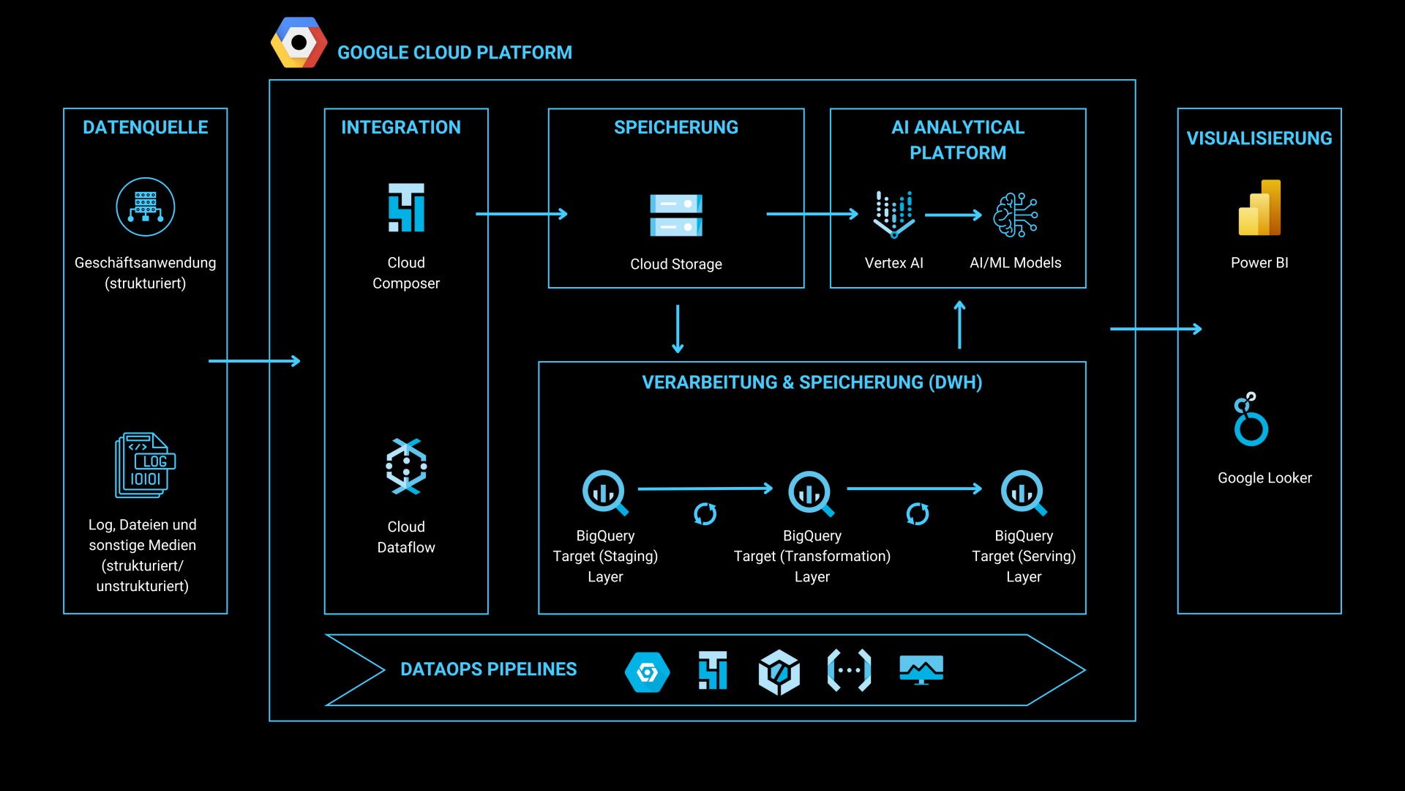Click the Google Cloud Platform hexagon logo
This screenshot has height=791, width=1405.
point(299,43)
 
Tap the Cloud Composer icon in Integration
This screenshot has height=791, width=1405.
point(406,208)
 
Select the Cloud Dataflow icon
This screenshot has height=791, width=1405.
point(406,467)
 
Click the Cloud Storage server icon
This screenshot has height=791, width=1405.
point(676,215)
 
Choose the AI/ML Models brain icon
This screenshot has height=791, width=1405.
point(1016,215)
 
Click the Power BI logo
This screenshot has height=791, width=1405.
point(1259,208)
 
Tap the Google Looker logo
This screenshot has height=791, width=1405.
point(1251,420)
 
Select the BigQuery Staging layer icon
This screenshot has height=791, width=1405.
point(604,492)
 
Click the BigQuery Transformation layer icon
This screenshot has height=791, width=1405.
point(811,492)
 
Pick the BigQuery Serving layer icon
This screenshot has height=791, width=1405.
point(1023,492)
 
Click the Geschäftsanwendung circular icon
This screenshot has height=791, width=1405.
point(146,207)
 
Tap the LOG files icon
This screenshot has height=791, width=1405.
point(146,465)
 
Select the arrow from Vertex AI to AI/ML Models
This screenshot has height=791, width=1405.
point(953,215)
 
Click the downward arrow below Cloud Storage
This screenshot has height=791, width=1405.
point(678,329)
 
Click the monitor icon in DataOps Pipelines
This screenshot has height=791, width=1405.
point(921,670)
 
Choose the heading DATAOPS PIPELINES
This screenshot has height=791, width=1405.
point(488,669)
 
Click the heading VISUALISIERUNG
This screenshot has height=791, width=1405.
point(1259,138)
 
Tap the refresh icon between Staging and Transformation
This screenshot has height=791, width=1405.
point(705,514)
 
